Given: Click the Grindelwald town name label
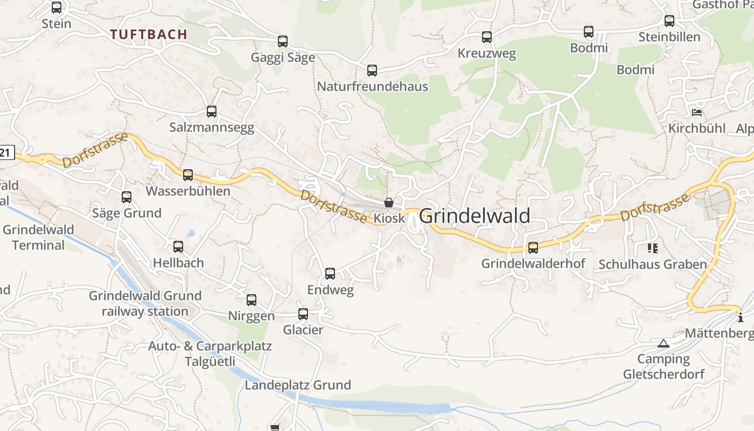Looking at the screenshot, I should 474,216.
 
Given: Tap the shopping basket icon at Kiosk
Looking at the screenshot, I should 389,203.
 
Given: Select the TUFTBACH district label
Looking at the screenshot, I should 149,34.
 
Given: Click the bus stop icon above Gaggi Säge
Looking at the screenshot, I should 283,41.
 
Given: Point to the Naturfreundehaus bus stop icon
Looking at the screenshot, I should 372,71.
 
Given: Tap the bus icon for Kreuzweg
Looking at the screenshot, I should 487,37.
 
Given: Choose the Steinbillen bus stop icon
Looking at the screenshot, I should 669,21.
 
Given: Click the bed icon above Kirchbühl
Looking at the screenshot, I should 697,113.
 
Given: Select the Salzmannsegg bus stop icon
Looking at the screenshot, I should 212,112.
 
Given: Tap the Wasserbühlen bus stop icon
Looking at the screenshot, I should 188,175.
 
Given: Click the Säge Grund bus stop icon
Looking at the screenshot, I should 127,197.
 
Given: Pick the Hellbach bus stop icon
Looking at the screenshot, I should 178,247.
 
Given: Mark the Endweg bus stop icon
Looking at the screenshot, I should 330,274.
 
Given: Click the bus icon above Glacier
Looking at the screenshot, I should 303,314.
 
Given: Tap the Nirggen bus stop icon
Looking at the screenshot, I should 252,300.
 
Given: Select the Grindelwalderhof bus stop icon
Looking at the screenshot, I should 533,248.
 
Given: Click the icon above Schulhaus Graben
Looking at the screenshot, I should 653,248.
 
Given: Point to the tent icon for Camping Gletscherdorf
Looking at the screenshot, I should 664,343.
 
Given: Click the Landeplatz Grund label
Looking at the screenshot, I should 298,385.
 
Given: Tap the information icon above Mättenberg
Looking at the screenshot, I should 741,317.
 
